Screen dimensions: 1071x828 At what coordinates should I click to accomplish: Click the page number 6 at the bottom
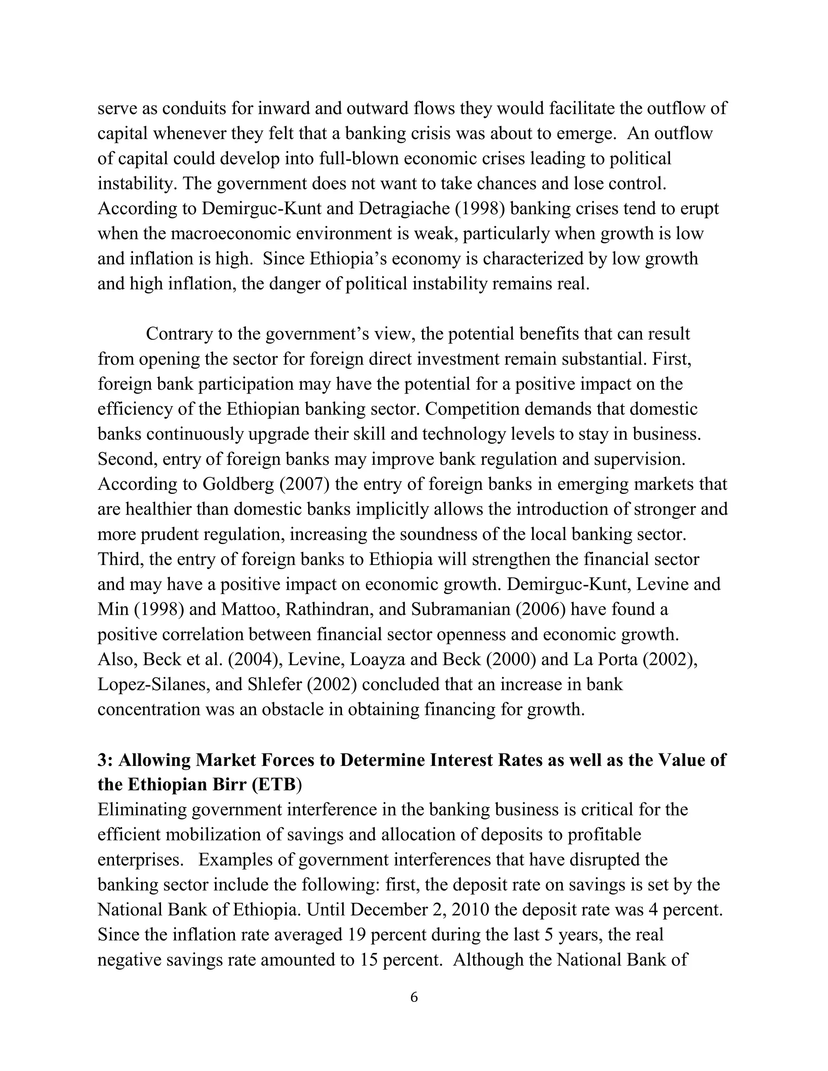(414, 1011)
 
